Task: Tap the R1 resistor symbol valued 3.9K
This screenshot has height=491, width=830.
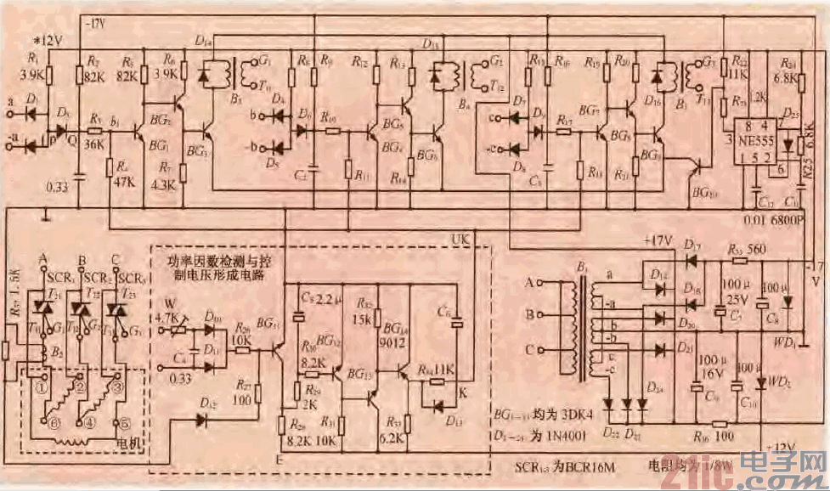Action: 48,76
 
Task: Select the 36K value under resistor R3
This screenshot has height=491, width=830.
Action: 96,145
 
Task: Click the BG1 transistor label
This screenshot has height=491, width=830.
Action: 156,147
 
